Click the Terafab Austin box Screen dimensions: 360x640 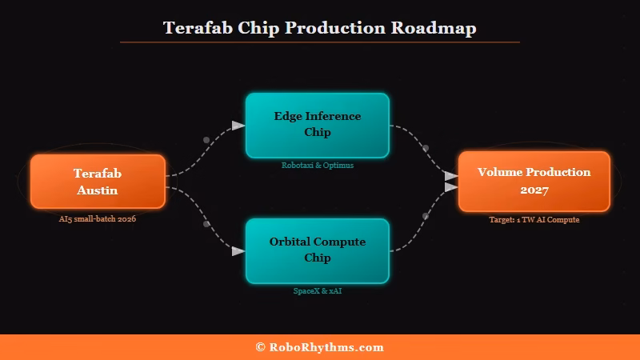[x=98, y=182]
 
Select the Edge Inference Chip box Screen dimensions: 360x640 [x=317, y=124]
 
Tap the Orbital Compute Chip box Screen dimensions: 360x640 [x=317, y=250]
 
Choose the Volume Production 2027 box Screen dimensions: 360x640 [x=534, y=182]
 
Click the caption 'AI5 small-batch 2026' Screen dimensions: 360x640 [x=98, y=218]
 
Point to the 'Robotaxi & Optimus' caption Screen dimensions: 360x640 [x=317, y=166]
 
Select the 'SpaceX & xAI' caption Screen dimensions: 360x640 [x=317, y=291]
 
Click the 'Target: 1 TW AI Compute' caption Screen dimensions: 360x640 [x=534, y=219]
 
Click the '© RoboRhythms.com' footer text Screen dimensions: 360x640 [x=319, y=347]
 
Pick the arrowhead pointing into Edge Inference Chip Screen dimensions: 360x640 [x=238, y=126]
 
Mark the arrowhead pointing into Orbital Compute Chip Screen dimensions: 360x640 [x=238, y=251]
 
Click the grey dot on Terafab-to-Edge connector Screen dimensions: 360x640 [x=206, y=140]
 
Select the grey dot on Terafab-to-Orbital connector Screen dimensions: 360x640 [x=206, y=224]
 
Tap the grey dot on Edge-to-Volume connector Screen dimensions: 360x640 [x=426, y=148]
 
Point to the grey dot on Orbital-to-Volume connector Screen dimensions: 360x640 [x=426, y=216]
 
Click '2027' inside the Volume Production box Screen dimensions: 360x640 [x=534, y=190]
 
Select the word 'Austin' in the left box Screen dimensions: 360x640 [x=98, y=190]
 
